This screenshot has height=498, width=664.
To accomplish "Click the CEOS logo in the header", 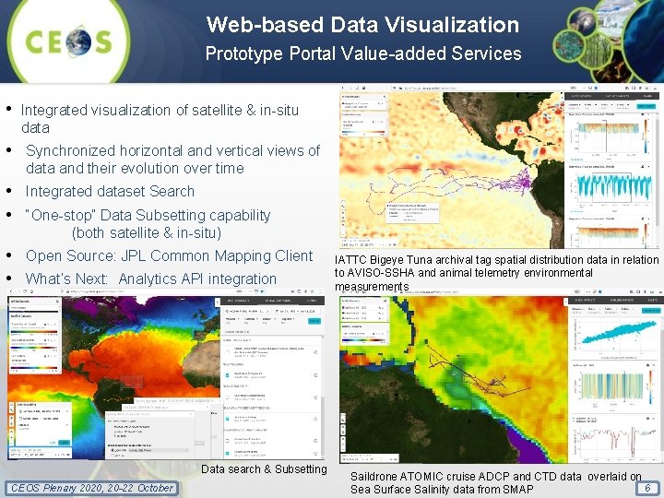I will point(70,42).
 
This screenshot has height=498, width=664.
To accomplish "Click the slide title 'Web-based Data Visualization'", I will point(362,25).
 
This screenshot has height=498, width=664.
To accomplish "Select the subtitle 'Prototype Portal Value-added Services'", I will point(362,53).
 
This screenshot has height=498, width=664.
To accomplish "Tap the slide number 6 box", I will point(648,488).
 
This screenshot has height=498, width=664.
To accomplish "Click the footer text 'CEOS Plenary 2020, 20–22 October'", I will point(90,488).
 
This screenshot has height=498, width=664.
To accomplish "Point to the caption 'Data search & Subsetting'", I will point(264,469).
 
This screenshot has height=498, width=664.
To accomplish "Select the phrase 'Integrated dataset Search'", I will point(110,192).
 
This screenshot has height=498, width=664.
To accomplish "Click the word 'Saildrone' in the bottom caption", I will point(375,477).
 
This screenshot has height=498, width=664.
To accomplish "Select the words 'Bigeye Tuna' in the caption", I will point(403,260).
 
